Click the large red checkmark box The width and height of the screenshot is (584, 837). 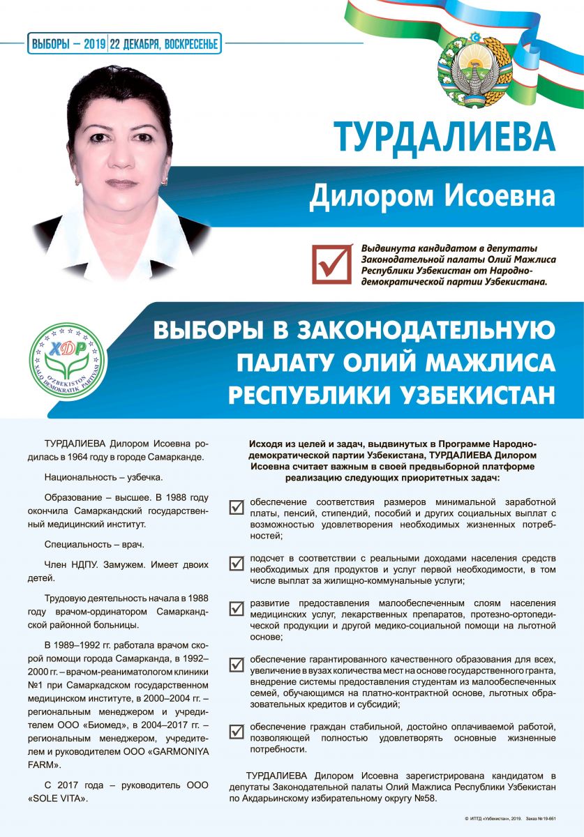coord(331,263)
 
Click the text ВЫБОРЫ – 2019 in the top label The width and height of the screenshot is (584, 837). coord(68,44)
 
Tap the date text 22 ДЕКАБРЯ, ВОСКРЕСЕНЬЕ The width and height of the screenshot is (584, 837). coord(165,44)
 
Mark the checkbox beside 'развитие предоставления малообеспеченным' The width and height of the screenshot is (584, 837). coord(237,608)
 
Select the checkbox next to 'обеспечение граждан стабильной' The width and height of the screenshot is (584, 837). coord(237,732)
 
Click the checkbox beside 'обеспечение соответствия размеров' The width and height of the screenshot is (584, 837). coord(237,506)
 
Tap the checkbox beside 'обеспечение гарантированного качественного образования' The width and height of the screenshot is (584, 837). coord(237,664)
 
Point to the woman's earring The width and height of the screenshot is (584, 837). coord(164,181)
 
